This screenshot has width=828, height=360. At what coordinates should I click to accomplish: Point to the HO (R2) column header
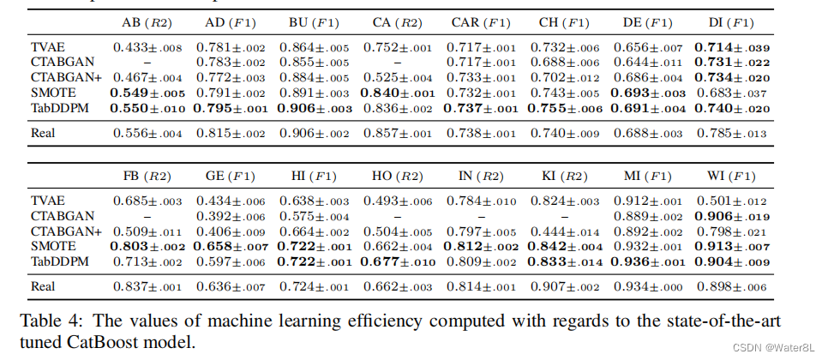395,177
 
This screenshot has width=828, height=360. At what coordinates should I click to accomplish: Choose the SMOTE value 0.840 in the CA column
395,93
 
